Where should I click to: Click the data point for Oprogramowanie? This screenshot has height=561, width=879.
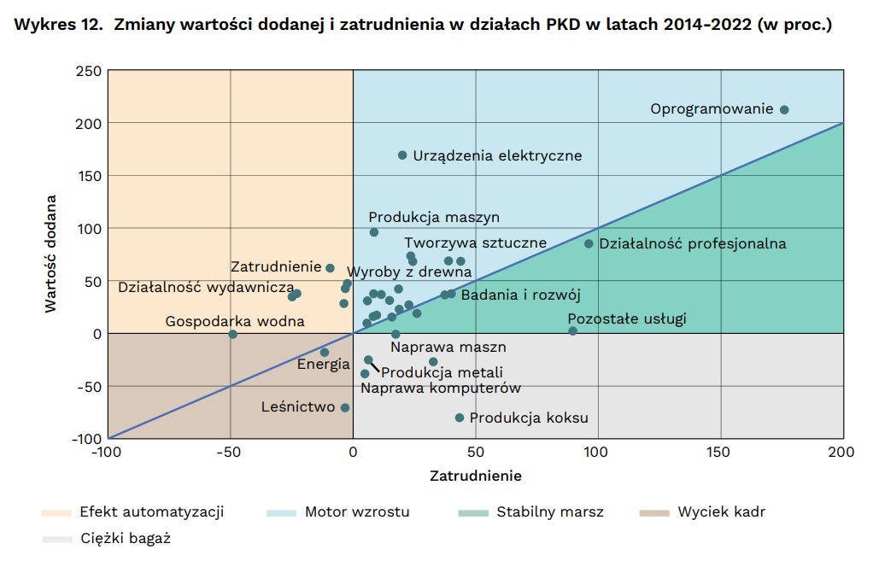(x=784, y=109)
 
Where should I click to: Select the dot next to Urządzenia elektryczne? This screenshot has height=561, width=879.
(x=402, y=155)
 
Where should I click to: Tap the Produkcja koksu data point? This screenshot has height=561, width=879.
(x=460, y=418)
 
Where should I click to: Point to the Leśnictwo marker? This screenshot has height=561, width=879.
(x=345, y=407)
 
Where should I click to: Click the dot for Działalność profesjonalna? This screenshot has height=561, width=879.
(x=589, y=243)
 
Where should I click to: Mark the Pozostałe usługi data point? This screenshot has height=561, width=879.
(x=572, y=331)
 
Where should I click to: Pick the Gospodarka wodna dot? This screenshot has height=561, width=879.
(x=232, y=334)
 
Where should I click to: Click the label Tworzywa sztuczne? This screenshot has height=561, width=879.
(x=475, y=243)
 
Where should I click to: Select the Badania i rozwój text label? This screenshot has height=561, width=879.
(x=520, y=295)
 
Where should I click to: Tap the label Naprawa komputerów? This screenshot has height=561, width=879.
(x=440, y=389)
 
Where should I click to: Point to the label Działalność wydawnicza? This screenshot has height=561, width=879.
(x=206, y=287)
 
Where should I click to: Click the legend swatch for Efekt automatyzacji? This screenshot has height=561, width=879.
(x=56, y=512)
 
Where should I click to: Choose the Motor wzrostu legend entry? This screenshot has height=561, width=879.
(x=357, y=512)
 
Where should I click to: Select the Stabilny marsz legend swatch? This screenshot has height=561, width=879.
(x=473, y=512)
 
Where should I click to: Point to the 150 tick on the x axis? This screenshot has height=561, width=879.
(x=721, y=453)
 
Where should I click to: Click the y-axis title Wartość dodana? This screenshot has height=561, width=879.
(x=51, y=254)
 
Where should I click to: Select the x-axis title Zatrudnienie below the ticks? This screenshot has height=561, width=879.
(x=475, y=476)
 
